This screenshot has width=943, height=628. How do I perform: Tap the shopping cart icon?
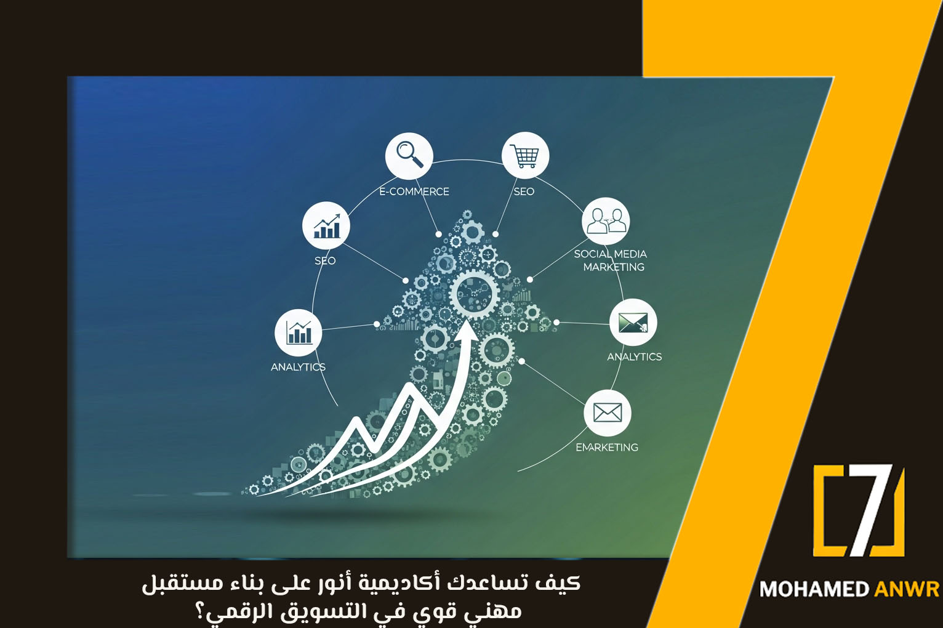(x=525, y=155)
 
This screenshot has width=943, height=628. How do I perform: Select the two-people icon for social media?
(x=606, y=221)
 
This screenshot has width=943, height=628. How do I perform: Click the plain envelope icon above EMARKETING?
(x=608, y=412)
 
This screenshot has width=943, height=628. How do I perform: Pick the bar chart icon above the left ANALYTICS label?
(x=299, y=332)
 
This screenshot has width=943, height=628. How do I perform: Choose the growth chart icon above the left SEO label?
(x=326, y=225)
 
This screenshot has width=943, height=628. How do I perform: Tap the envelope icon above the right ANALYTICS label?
(x=633, y=322)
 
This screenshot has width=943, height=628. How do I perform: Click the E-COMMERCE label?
(x=414, y=191)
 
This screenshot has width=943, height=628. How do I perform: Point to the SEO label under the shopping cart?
(x=524, y=191)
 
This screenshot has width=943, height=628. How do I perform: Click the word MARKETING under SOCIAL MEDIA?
(x=614, y=267)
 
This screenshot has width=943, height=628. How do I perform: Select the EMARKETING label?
(x=607, y=448)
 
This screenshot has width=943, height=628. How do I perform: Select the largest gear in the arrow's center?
(x=473, y=293)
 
